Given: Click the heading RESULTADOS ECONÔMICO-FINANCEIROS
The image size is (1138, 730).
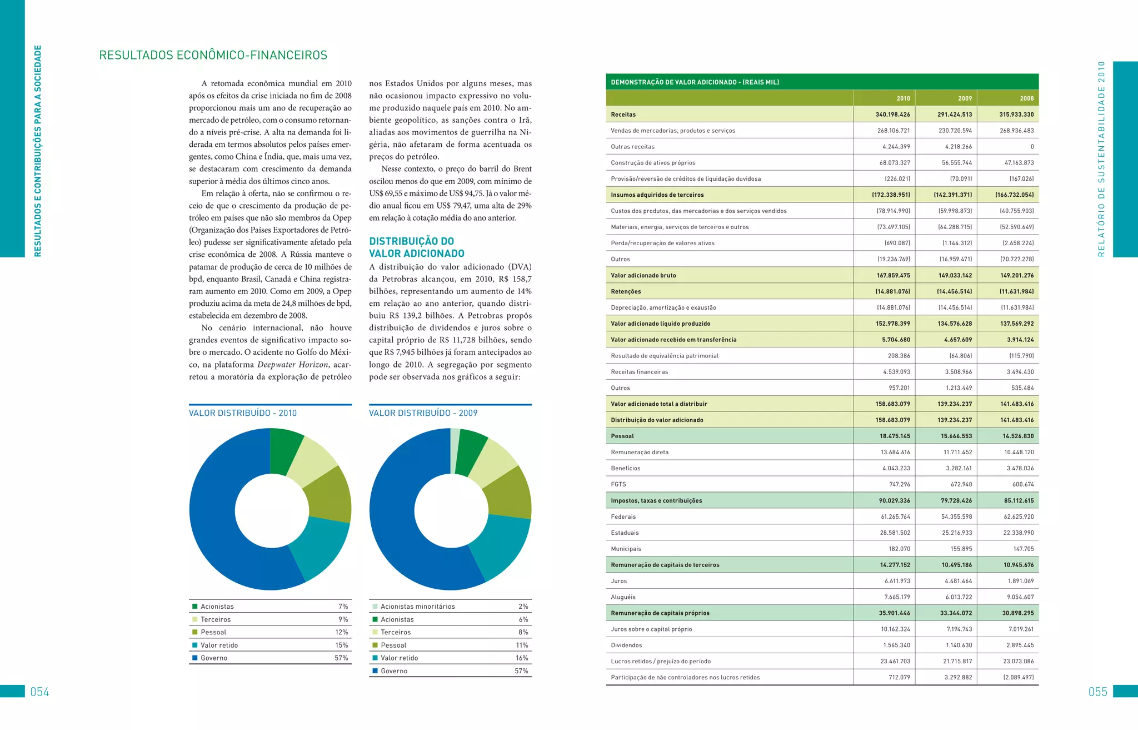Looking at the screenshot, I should tap(213, 55).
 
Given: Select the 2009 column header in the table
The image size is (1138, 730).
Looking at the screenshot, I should tap(965, 98).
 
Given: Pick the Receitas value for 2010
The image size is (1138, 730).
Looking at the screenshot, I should tap(892, 115).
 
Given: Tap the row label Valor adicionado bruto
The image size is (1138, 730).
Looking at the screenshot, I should tap(643, 275).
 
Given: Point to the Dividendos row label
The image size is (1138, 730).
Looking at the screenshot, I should tap(626, 645).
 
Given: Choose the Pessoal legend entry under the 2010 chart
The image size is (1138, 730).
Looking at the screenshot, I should tap(213, 632).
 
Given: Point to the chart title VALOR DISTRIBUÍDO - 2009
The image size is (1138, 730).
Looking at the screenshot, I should tap(423, 413).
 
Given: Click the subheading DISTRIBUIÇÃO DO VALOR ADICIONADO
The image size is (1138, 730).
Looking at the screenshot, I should tap(417, 247).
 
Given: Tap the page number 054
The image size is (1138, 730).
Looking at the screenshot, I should tap(39, 692).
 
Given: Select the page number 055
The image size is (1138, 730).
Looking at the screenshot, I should tap(1097, 692).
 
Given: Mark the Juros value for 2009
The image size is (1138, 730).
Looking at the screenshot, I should tap(959, 581).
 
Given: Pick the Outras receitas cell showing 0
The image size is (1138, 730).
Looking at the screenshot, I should tap(1032, 147).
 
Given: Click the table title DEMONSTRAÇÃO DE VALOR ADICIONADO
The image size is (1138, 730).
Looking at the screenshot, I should tap(695, 82).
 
